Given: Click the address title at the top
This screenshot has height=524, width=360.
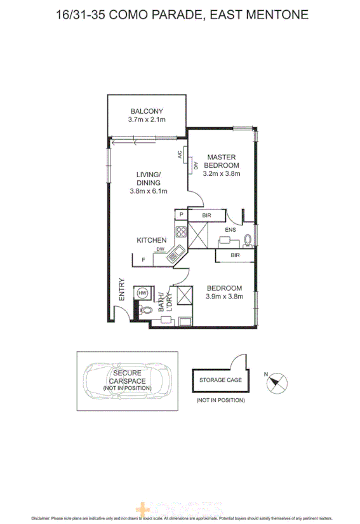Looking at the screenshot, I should click(180, 14).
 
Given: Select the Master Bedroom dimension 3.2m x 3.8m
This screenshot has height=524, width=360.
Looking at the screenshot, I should click(221, 173).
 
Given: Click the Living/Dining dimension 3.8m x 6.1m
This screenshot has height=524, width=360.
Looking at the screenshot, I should click(148, 191).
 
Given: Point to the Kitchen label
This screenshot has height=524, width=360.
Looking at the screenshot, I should click(152, 240).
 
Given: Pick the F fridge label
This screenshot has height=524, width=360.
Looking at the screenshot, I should click(143, 260).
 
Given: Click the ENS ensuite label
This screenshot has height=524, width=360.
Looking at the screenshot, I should click(230, 230).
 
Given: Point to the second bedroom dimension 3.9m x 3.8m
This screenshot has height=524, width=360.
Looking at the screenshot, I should click(224, 295).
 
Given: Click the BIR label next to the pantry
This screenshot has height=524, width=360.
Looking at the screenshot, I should click(206, 216).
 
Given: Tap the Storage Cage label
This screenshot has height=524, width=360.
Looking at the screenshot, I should click(220, 380).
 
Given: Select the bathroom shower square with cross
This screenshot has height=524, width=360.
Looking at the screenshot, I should click(186, 295).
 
